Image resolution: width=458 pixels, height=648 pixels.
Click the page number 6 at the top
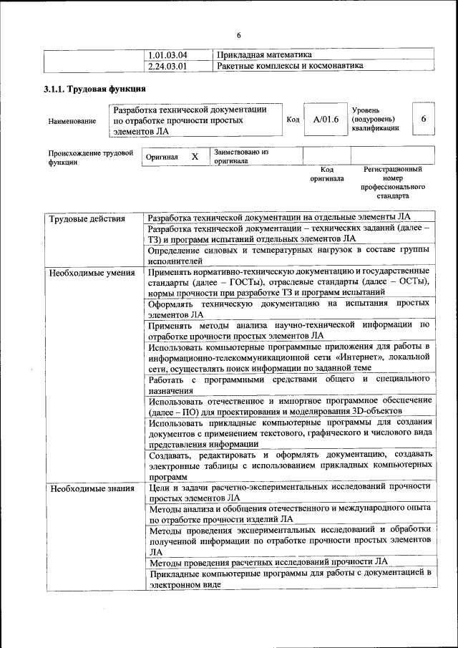tap(239, 35)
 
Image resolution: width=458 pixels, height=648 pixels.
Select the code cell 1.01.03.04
tap(167, 55)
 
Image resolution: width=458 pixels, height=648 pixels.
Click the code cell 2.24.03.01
tap(167, 66)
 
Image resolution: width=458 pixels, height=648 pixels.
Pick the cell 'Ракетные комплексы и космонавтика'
tap(289, 66)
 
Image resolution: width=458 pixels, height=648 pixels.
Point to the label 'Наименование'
tap(72, 121)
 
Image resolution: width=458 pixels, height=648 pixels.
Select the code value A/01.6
tap(326, 120)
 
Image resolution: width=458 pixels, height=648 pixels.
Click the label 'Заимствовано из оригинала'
tap(240, 157)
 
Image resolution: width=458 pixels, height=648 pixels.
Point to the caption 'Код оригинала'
tap(327, 174)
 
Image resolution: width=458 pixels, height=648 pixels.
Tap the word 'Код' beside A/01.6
tap(293, 120)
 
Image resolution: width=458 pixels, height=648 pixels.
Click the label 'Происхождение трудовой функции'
tap(91, 158)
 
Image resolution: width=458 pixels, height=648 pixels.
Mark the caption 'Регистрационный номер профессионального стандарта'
tap(392, 182)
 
